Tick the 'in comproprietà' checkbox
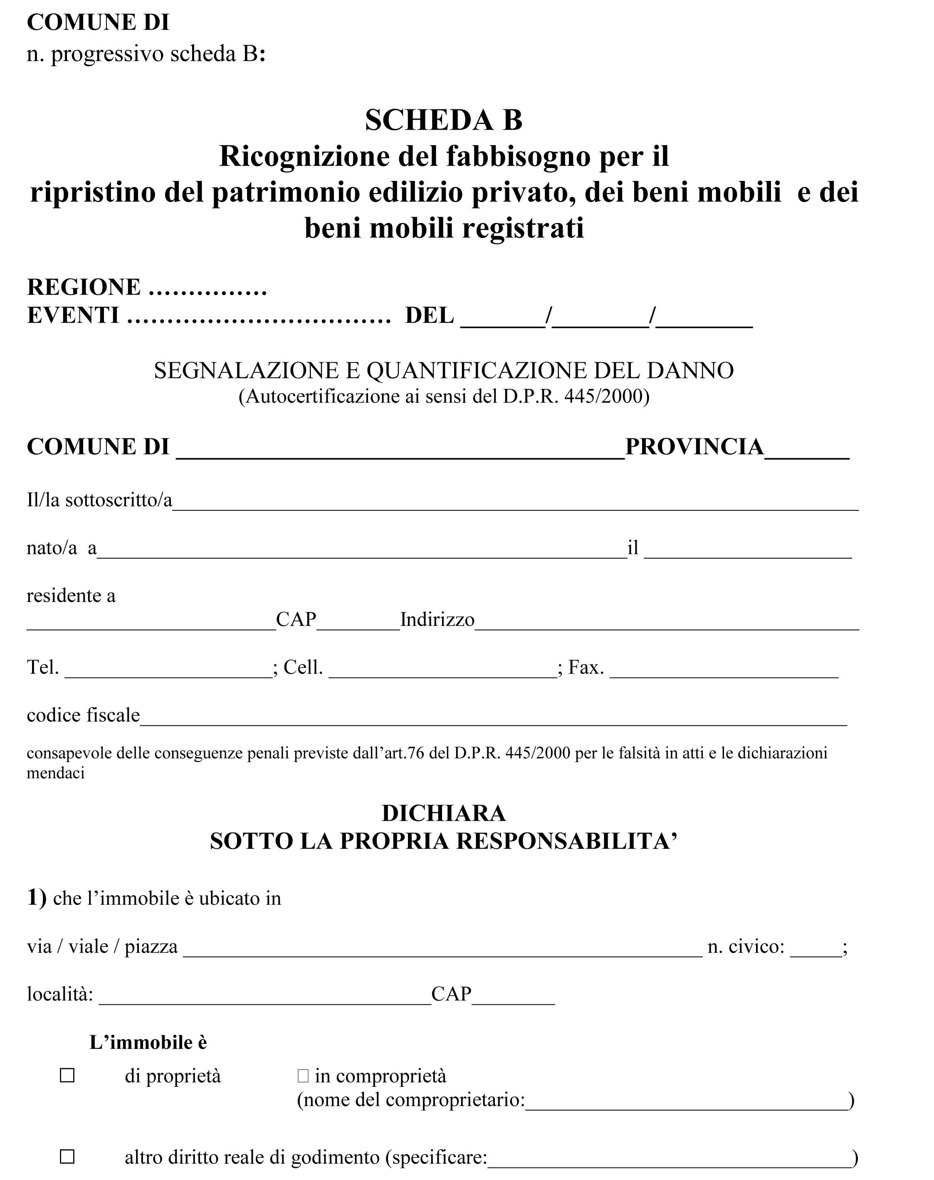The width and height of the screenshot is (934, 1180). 303,1076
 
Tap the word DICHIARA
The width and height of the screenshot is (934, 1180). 443,813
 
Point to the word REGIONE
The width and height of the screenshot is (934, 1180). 84,287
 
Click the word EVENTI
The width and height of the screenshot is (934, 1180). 73,316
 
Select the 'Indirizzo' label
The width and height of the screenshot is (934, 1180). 437,619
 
